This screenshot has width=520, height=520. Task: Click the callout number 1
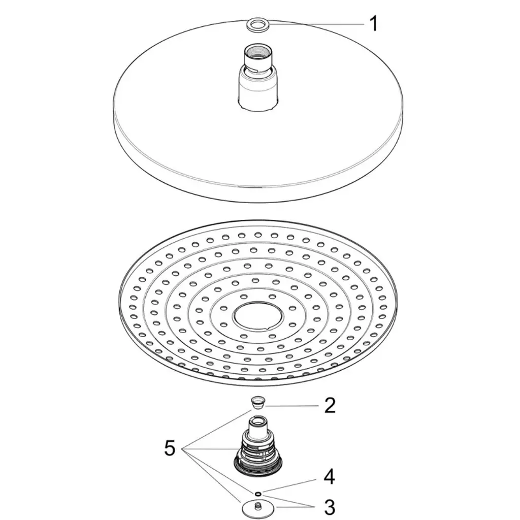pos(374,24)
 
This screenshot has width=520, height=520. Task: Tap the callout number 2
pos(330,405)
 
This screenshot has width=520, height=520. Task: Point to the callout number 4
pos(329,477)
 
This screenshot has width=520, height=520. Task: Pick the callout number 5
pos(170,448)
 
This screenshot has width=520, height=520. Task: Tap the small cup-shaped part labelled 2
pos(257,402)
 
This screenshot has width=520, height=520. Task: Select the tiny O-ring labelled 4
pos(258,494)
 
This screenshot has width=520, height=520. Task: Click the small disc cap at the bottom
pos(257,508)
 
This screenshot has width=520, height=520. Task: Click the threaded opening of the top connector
pos(257,51)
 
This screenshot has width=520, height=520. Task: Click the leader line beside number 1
pos(317,24)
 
